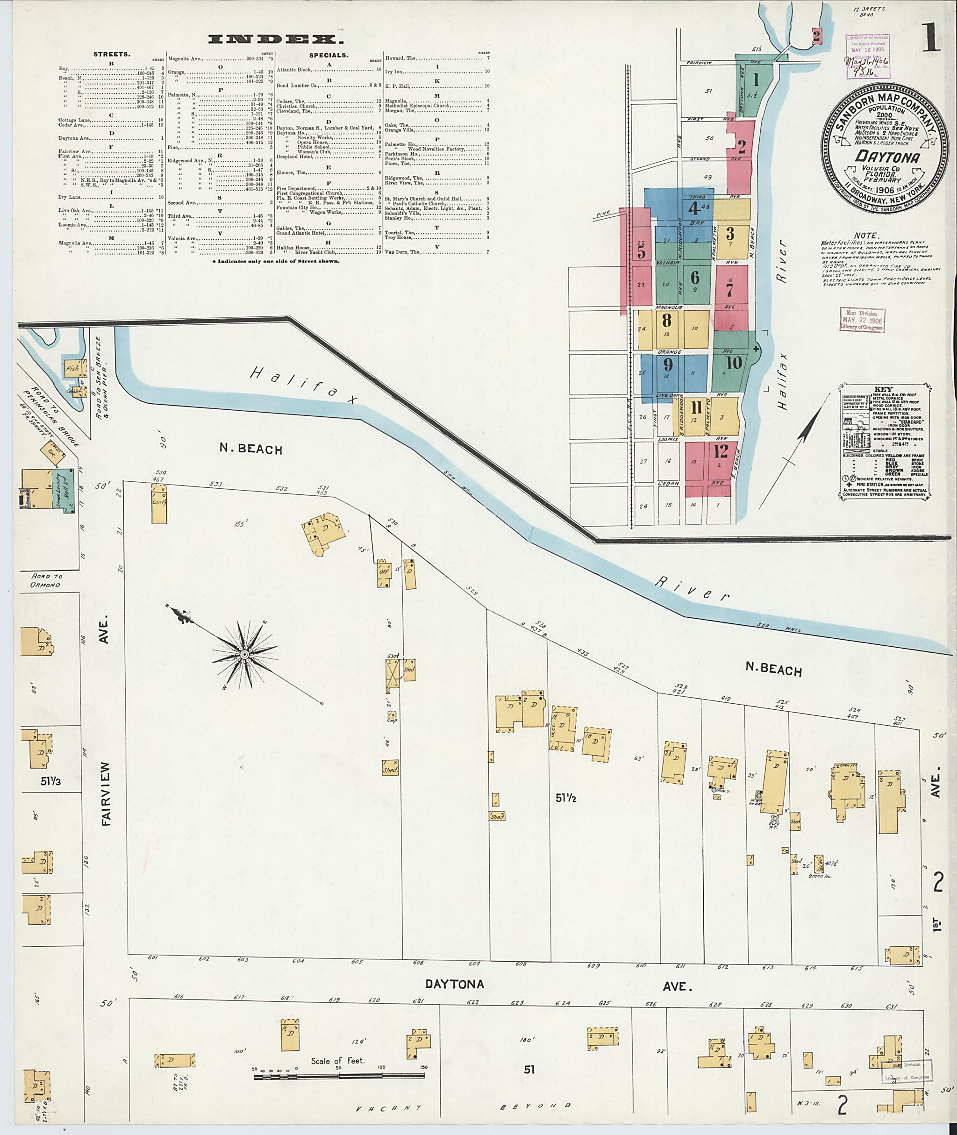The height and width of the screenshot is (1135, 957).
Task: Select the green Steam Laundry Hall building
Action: click(x=64, y=491)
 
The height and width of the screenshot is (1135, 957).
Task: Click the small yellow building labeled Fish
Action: click(x=72, y=368)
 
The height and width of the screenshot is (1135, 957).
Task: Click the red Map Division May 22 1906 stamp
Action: click(x=863, y=320)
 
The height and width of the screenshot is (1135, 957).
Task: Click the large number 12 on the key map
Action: click(x=721, y=451)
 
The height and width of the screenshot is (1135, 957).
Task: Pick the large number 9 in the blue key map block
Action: click(x=668, y=364)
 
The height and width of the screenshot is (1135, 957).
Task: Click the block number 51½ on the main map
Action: click(x=565, y=797)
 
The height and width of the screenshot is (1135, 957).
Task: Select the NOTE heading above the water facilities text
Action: click(x=865, y=236)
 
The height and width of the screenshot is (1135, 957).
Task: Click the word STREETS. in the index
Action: click(x=111, y=54)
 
